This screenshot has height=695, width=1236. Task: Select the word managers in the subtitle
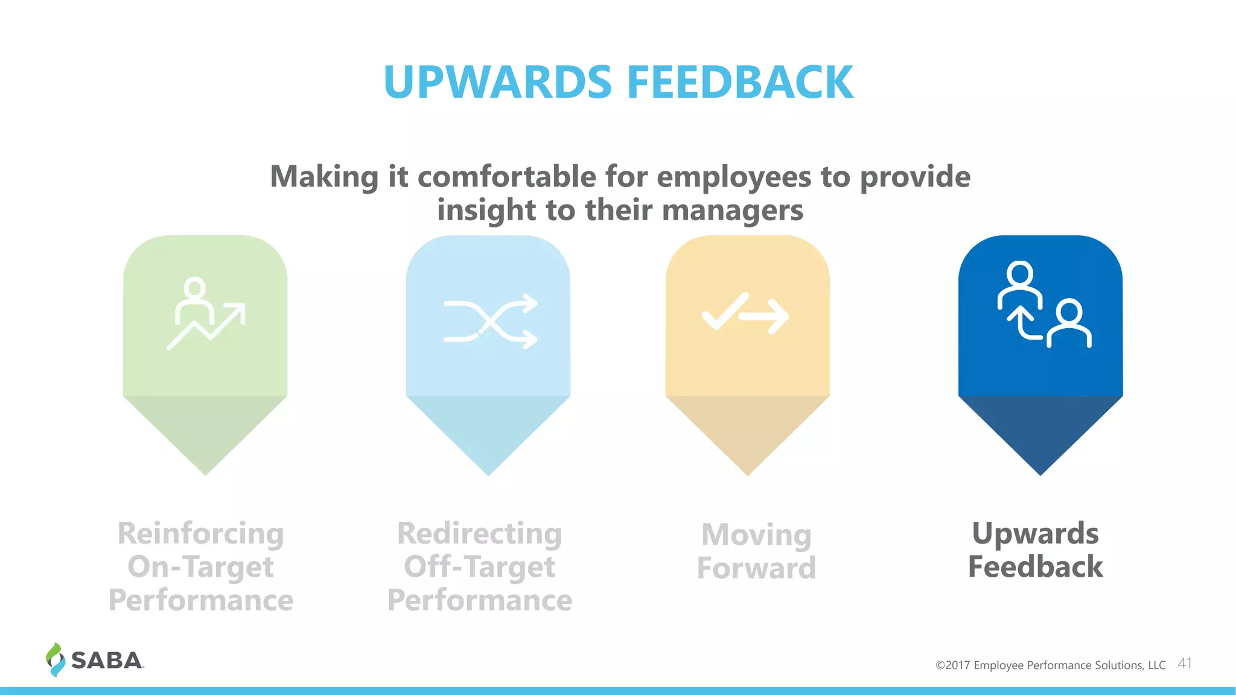click(733, 210)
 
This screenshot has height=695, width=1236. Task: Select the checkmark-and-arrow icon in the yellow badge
click(746, 314)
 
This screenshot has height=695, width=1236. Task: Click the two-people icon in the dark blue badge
click(1043, 305)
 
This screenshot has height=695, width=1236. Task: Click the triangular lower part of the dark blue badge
click(1040, 431)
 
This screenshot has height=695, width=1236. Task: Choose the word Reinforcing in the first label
click(201, 533)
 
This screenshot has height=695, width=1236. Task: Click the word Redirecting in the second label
click(480, 533)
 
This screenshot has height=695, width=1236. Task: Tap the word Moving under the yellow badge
click(756, 535)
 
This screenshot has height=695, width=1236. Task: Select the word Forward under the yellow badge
click(756, 568)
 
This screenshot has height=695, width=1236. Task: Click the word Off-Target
click(480, 567)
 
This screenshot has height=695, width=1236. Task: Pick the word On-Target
click(201, 567)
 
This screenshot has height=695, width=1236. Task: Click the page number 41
click(1185, 664)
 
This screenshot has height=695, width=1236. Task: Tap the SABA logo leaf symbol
click(55, 660)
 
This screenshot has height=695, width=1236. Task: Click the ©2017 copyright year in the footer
click(953, 665)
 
